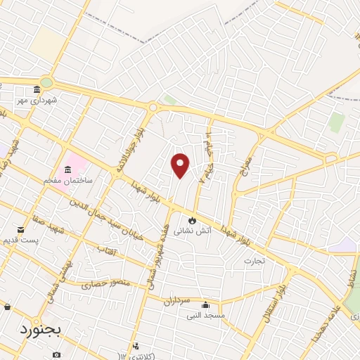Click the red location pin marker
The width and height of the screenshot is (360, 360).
pyautogui.click(x=181, y=165)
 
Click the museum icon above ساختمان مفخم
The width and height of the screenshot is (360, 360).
pyautogui.click(x=67, y=169)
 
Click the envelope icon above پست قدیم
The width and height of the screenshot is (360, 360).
pyautogui.click(x=21, y=229)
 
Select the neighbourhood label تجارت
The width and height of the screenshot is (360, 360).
pyautogui.click(x=253, y=262)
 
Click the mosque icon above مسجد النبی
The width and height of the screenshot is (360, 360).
pyautogui.click(x=205, y=305)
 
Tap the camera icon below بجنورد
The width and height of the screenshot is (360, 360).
pyautogui.click(x=56, y=355)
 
